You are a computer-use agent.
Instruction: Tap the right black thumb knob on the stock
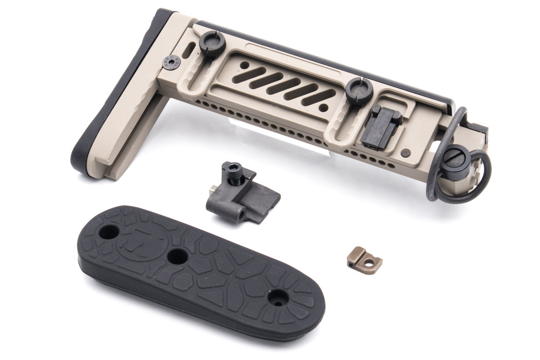(x=359, y=91)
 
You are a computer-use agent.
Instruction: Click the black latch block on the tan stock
(x=379, y=126)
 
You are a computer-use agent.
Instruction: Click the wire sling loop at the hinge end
(x=481, y=177)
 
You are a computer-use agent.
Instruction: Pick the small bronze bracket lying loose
(x=364, y=258)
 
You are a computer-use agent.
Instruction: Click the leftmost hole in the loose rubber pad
(x=109, y=231)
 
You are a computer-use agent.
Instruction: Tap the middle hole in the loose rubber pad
(x=177, y=256)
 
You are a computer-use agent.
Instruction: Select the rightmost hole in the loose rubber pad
(x=278, y=298)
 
